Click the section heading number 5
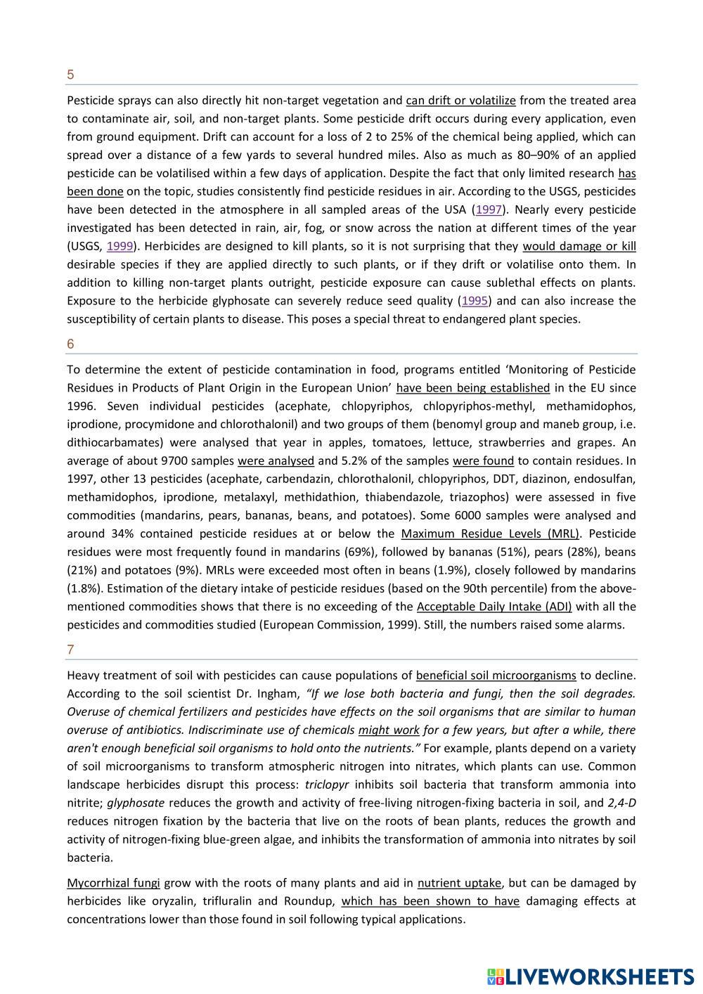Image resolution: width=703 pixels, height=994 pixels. (70, 75)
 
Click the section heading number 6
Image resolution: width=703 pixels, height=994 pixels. (70, 344)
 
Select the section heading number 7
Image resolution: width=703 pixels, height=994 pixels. (70, 650)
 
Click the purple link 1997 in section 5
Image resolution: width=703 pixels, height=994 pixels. (489, 209)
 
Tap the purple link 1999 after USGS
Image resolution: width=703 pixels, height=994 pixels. (120, 246)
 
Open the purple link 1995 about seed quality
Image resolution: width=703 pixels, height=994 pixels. (475, 301)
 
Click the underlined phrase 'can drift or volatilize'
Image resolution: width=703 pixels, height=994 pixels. (460, 100)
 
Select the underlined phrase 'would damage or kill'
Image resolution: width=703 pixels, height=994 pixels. (579, 246)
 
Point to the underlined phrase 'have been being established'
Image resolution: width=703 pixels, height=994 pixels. (472, 387)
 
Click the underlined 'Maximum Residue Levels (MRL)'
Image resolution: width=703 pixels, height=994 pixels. (490, 534)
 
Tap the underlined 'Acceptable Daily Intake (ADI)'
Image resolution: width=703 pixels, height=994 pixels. (494, 607)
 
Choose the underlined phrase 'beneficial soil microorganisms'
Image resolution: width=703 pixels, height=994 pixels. (496, 676)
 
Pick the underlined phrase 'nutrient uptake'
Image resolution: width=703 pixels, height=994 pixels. (459, 883)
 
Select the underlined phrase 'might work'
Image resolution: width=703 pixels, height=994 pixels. (389, 730)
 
